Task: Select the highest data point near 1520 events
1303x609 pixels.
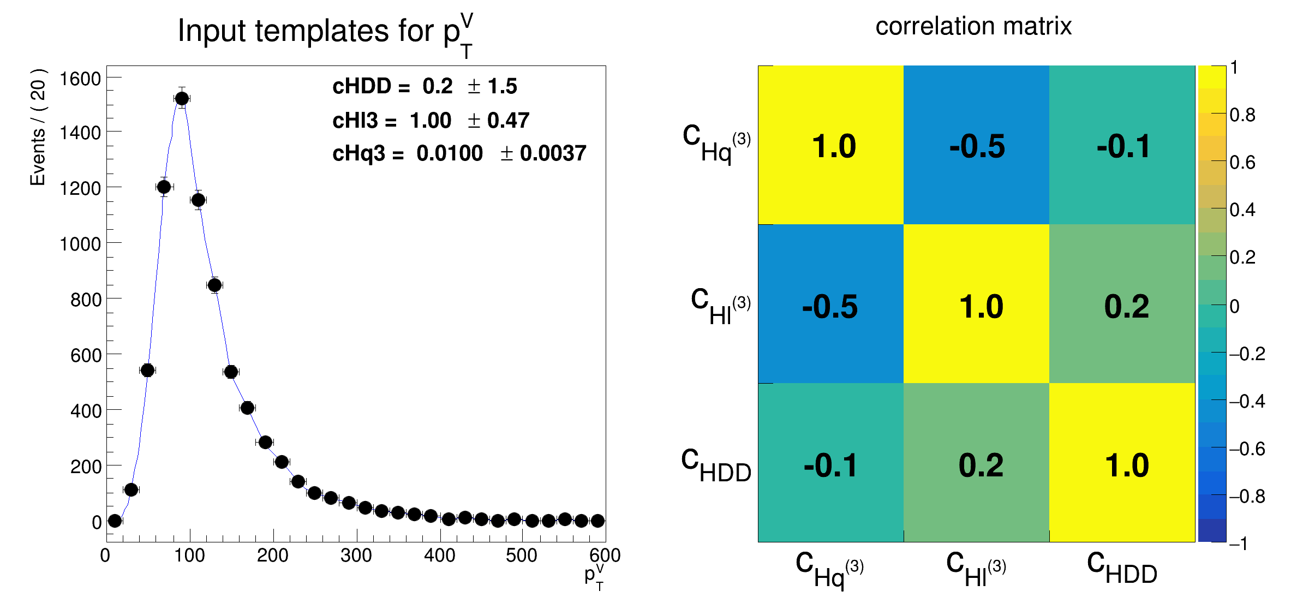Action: click(x=182, y=98)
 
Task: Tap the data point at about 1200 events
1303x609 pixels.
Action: click(x=164, y=187)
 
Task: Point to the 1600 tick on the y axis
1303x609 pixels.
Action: click(x=80, y=79)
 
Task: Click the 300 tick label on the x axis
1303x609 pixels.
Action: click(x=356, y=556)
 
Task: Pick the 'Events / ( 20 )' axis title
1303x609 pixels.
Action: click(x=38, y=127)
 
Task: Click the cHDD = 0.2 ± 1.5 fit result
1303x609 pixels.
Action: click(x=425, y=86)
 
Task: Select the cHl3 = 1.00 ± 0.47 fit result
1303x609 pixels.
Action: click(x=431, y=121)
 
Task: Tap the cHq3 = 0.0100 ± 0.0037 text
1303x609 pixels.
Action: click(x=459, y=153)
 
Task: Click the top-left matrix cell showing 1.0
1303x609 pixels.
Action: click(x=830, y=145)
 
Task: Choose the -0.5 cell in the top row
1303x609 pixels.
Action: click(x=976, y=145)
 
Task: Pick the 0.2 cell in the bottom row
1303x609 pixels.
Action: click(x=980, y=465)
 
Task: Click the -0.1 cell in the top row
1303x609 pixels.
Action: click(x=1122, y=145)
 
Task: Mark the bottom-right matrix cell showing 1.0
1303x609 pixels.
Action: click(x=1126, y=465)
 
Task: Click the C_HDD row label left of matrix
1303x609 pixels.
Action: click(x=716, y=465)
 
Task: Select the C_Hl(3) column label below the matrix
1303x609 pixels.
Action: click(x=976, y=569)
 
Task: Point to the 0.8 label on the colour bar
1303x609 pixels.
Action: click(x=1242, y=115)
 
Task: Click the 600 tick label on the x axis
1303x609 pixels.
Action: click(x=605, y=556)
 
